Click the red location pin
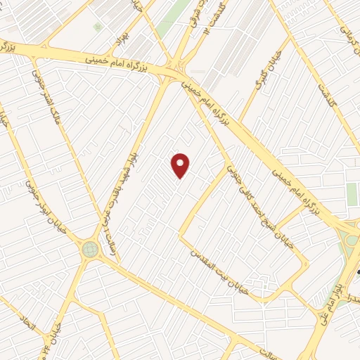pos(181,165)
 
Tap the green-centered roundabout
pos(90,249)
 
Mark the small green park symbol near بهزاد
pos(98,27)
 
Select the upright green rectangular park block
pos(352,194)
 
